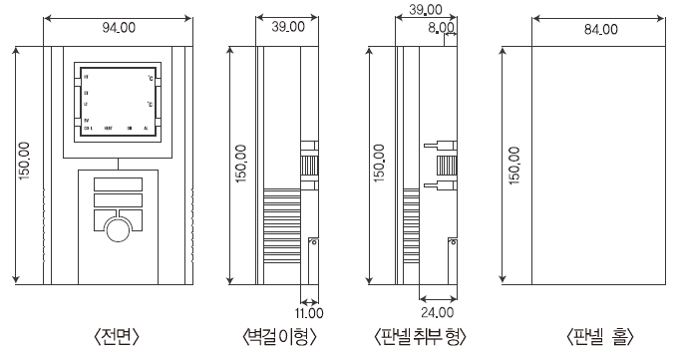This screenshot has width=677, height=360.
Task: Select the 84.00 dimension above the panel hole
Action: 600,29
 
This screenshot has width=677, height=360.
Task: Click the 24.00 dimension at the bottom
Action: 433,297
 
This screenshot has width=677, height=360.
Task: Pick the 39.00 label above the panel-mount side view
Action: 426,10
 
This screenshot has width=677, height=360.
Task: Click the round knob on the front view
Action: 118,231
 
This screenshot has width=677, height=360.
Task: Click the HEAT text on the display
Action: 107,130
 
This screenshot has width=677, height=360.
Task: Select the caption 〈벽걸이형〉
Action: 280,336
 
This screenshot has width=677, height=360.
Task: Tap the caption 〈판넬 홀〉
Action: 598,336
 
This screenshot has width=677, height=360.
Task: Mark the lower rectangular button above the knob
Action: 118,201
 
